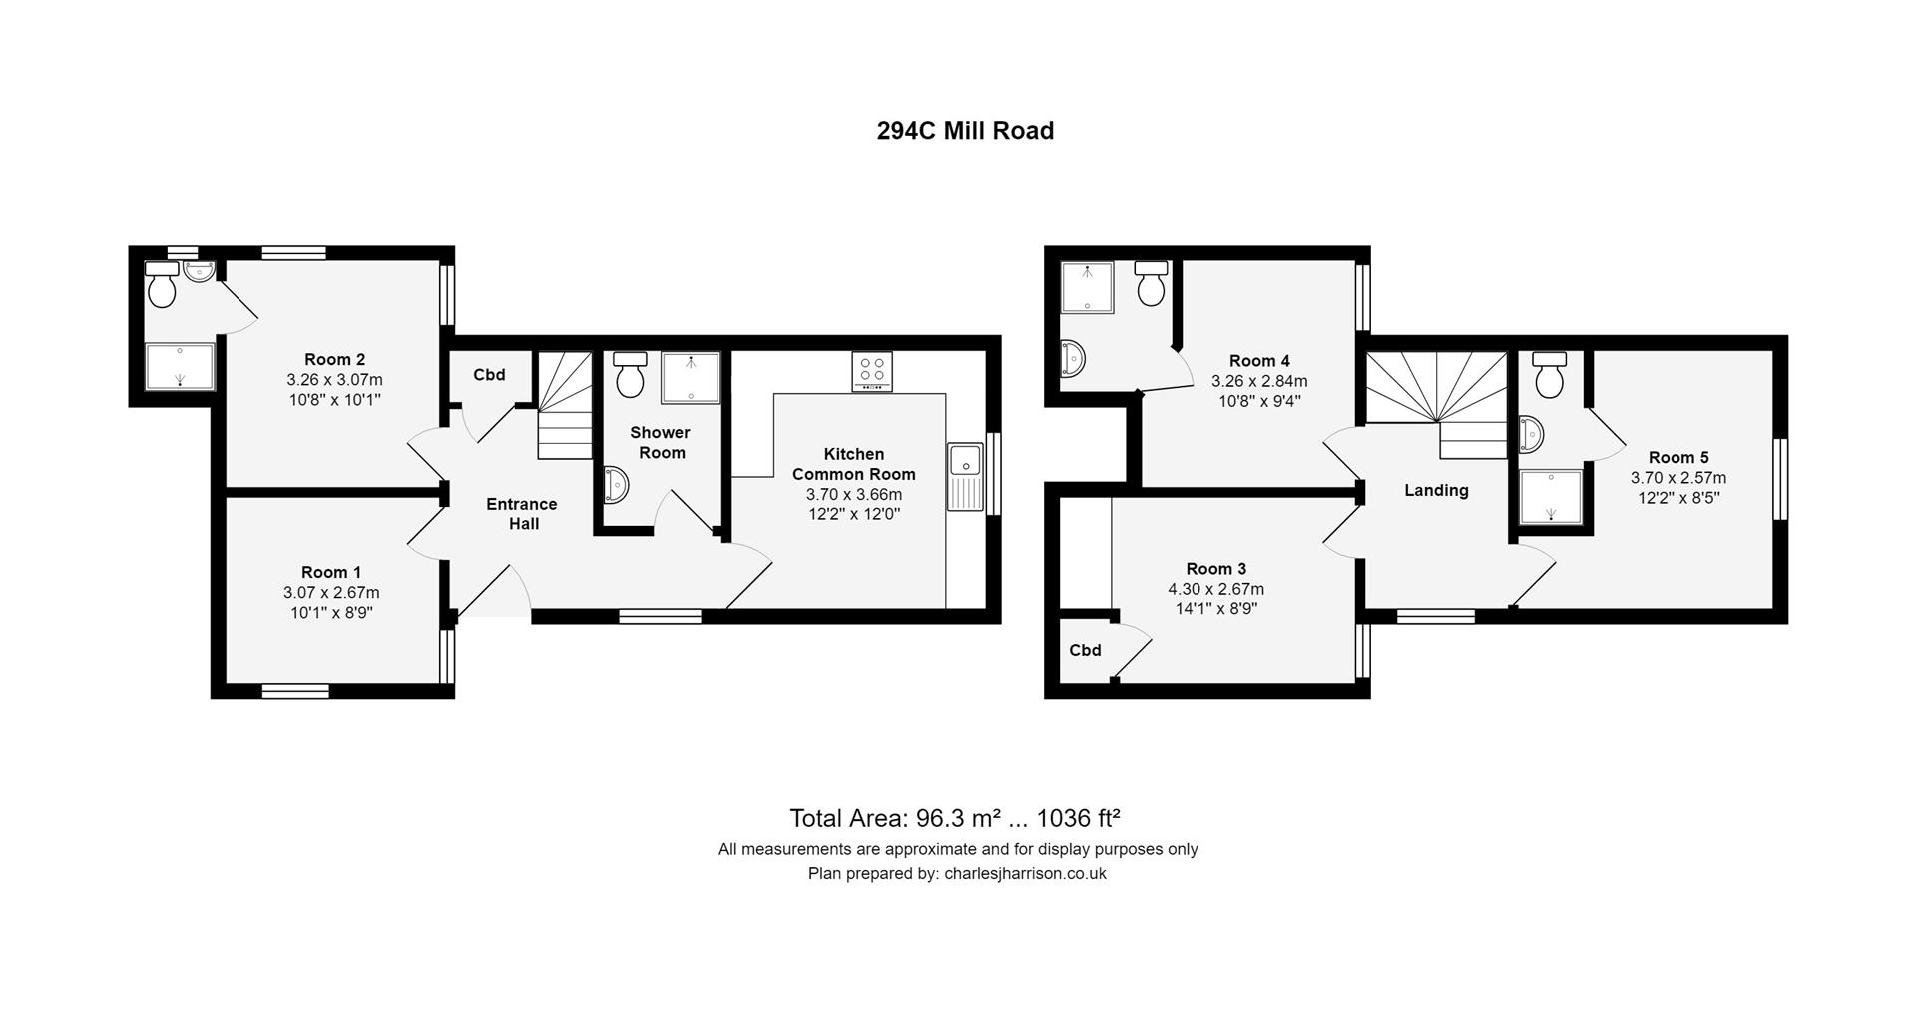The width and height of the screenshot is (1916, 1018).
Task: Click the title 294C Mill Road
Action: [x=965, y=131]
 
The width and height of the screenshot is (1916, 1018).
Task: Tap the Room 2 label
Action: [x=334, y=359]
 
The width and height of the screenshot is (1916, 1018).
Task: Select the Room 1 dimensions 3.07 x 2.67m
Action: [x=331, y=592]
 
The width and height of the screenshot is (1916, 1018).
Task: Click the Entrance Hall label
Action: [x=522, y=514]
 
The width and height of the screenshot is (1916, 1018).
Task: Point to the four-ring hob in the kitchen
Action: [x=871, y=371]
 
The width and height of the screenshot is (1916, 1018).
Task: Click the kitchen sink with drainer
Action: [x=965, y=477]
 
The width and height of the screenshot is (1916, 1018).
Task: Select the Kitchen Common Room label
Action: [x=853, y=464]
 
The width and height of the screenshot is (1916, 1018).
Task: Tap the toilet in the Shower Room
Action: [x=630, y=375]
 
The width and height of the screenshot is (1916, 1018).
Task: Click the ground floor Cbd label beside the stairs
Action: [x=489, y=375]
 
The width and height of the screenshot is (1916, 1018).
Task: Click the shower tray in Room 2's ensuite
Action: [x=181, y=367]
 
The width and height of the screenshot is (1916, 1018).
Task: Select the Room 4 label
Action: [x=1259, y=361]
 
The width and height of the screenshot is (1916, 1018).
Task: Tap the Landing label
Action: [x=1436, y=490]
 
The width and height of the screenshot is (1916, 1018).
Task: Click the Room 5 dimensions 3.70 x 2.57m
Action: [x=1678, y=478]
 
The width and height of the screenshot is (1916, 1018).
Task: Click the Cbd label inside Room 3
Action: [x=1085, y=650]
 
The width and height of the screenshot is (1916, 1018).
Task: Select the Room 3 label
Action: [x=1215, y=569]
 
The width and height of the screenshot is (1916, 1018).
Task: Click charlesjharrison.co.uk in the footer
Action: [x=1025, y=873]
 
